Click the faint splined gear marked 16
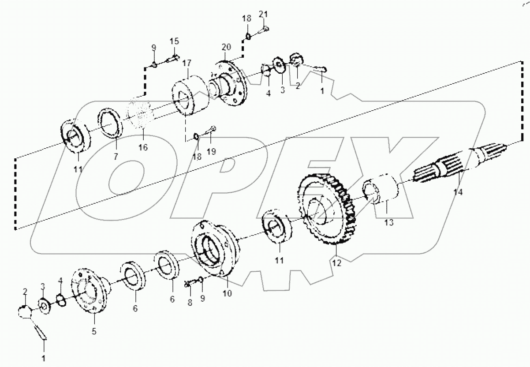pos(140,116)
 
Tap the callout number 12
pos(337,263)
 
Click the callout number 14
pos(459,193)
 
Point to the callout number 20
pos(226,47)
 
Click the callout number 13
pos(388,223)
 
